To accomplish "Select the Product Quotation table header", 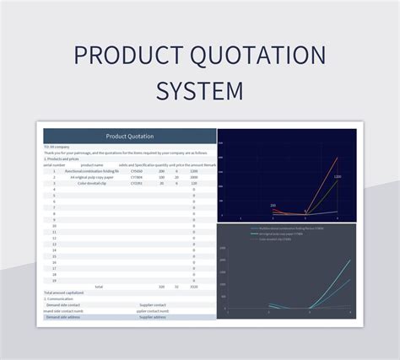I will pos(129,136).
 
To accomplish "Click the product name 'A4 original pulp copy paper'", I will pos(93,178).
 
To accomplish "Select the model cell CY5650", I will pos(137,171).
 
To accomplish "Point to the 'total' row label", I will pos(99,287).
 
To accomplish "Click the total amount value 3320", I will pos(193,287).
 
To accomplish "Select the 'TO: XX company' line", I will pos(57,147).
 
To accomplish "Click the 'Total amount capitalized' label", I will pos(64,293).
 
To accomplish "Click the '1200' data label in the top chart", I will pos(337,177).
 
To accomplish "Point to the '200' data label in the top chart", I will pos(273,205).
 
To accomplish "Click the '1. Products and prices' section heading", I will pos(62,159).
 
